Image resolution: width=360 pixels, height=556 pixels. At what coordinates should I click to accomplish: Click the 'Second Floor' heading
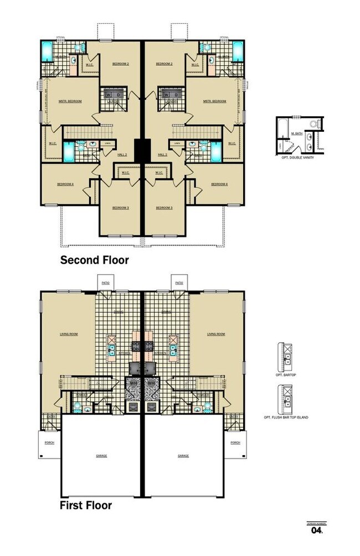[x=94, y=260]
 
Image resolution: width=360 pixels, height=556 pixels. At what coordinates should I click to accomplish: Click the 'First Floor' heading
[x=86, y=505]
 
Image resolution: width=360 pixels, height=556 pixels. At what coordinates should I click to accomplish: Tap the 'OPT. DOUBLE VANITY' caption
[x=297, y=157]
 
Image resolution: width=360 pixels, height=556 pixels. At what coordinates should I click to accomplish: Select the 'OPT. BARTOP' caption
[x=287, y=375]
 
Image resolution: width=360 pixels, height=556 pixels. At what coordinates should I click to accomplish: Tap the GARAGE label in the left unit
[x=101, y=456]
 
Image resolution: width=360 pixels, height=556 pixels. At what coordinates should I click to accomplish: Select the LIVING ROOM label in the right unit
[x=216, y=334]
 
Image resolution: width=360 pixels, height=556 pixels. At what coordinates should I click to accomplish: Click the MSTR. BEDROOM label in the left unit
[x=70, y=101]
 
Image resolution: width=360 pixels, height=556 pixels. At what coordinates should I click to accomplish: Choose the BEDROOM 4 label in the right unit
[x=219, y=184]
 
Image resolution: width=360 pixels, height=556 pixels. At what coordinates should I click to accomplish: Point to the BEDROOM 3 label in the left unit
[x=120, y=208]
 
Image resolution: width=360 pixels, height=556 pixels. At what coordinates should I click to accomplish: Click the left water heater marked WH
[x=134, y=383]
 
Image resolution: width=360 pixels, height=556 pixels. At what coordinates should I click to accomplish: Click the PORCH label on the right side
[x=235, y=442]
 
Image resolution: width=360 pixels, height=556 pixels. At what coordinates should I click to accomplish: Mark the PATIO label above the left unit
[x=106, y=282]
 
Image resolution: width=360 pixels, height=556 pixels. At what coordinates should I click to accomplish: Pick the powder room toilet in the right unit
[x=207, y=409]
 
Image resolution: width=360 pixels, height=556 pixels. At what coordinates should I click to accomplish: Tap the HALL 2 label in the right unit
[x=162, y=155]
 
